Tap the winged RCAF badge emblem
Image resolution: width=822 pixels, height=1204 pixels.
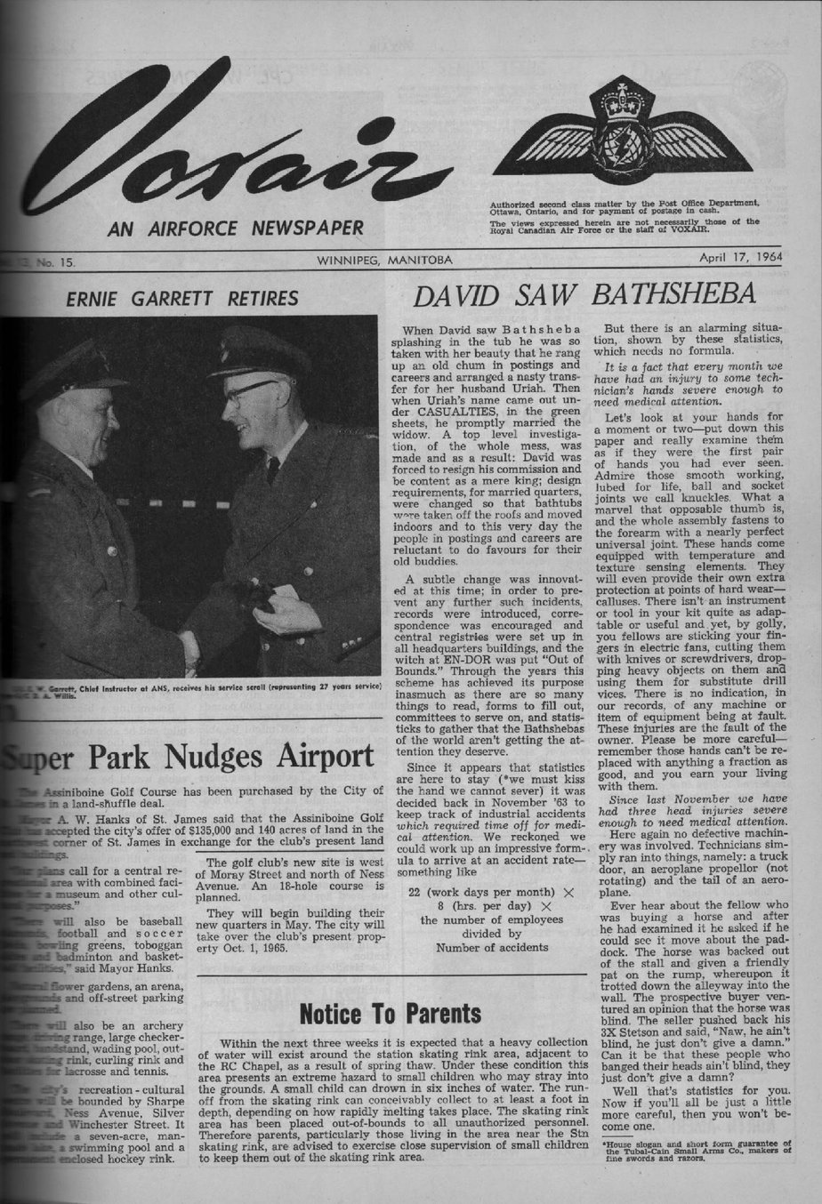[x=623, y=133]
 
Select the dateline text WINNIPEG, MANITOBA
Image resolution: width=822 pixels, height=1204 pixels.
[x=384, y=260]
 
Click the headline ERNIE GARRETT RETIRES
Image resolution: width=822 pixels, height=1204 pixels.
[x=183, y=297]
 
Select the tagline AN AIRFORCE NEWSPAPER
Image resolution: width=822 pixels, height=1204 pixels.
[x=235, y=229]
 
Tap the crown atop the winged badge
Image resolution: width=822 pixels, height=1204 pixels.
[x=623, y=95]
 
